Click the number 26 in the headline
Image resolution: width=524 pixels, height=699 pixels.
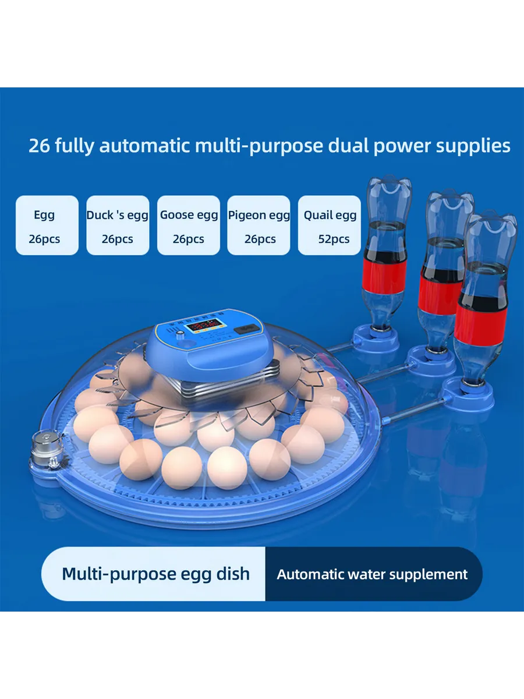40,146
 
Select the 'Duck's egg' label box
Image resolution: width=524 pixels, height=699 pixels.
118,225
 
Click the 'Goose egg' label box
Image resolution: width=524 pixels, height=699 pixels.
189,225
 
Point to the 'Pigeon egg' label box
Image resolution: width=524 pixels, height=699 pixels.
259,225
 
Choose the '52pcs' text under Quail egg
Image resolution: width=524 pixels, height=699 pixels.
334,239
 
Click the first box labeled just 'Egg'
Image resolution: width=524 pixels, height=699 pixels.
47,225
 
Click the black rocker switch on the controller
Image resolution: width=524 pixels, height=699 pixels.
246,329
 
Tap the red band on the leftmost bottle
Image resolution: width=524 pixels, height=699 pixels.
384,276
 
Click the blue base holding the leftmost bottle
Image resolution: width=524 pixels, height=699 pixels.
376,340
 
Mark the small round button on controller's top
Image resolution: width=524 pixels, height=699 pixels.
180,334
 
